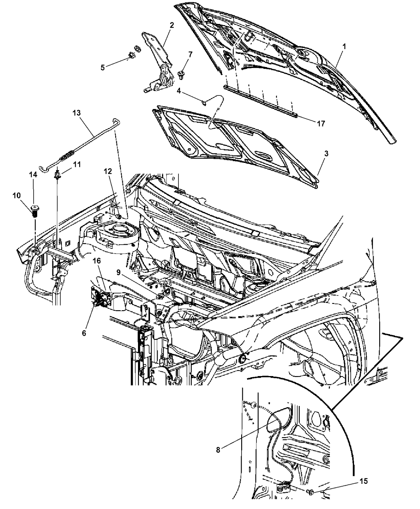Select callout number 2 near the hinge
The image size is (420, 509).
(172, 25)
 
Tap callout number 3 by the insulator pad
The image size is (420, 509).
(326, 154)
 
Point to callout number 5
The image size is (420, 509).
(103, 67)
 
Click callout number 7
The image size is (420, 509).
(190, 54)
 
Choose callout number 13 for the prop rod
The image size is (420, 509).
(76, 113)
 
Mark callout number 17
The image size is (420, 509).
(321, 124)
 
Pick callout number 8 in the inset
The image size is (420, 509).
(218, 450)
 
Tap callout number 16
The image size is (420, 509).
(96, 261)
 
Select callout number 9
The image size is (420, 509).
(118, 272)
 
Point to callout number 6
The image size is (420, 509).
(84, 333)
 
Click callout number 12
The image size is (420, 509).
(108, 171)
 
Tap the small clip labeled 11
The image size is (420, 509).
(57, 175)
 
